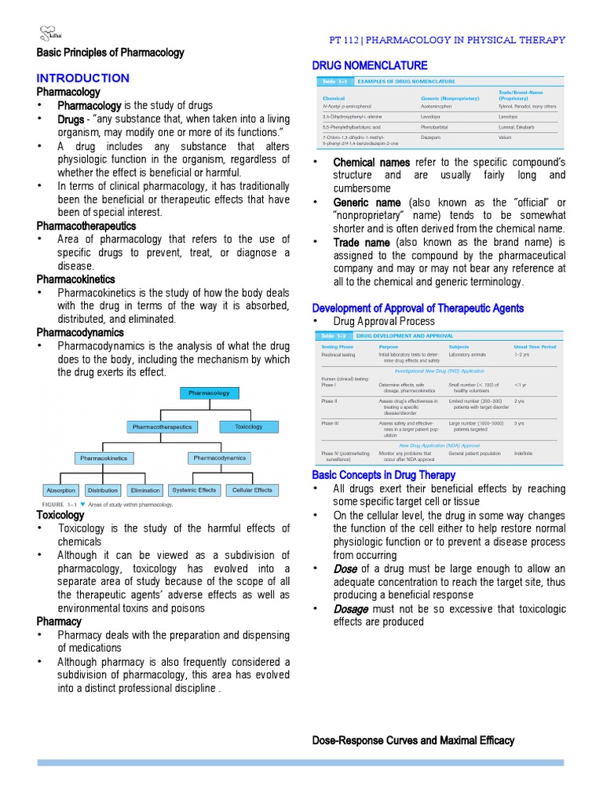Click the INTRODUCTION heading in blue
pos(83,78)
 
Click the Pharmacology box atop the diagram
pos(209,393)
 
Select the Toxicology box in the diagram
pos(249,426)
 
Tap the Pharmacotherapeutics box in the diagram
pos(162,427)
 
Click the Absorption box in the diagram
pos(61,490)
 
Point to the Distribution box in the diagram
pos(103,490)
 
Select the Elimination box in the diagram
pos(145,490)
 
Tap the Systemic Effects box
pos(194,490)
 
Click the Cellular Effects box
pos(252,490)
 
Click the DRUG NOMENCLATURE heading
pos(370,65)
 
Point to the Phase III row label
pos(329,423)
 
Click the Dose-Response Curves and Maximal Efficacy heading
pos(413,740)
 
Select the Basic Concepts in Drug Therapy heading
pos(383,475)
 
